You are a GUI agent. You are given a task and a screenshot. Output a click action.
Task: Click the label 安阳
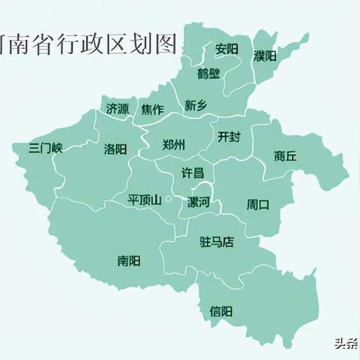click(226, 49)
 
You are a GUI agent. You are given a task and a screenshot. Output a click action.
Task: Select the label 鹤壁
click(209, 73)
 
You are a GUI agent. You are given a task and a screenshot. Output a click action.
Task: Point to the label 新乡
click(195, 106)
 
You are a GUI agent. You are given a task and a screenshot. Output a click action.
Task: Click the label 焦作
click(152, 109)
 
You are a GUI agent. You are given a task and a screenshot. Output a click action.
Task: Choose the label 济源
click(117, 109)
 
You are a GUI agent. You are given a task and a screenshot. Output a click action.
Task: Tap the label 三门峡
click(45, 148)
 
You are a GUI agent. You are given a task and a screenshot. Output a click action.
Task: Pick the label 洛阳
click(115, 148)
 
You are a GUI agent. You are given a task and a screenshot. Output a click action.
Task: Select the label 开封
click(229, 136)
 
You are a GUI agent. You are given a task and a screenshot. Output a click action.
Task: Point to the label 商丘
click(285, 156)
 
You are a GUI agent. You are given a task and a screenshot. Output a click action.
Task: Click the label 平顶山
click(144, 199)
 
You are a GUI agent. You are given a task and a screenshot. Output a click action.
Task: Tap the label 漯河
click(198, 202)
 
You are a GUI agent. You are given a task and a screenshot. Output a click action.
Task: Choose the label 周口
click(258, 204)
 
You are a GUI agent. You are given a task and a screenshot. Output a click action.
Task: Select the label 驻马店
click(217, 241)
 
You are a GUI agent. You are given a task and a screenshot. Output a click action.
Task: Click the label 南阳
click(128, 261)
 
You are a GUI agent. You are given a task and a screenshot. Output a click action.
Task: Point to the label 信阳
click(220, 310)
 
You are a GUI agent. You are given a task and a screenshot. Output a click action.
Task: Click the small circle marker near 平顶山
click(170, 199)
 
